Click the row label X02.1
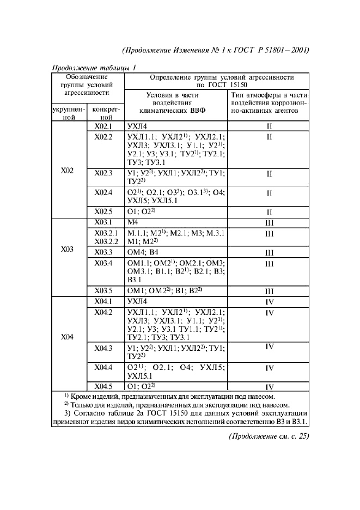pyautogui.click(x=103, y=126)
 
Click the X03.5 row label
pyautogui.click(x=103, y=290)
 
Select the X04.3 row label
pyautogui.click(x=103, y=347)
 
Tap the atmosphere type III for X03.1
pyautogui.click(x=269, y=222)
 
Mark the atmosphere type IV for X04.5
pyautogui.click(x=269, y=387)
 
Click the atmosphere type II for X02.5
pyautogui.click(x=269, y=212)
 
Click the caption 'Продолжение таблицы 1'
pyautogui.click(x=93, y=68)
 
